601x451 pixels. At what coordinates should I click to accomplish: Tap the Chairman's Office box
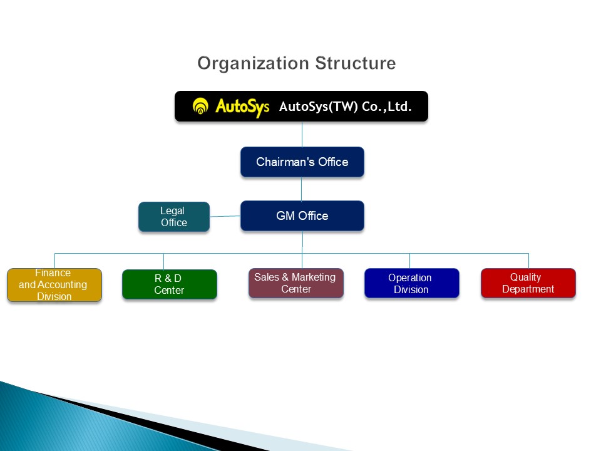click(302, 162)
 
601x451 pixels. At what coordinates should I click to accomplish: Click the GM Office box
click(302, 215)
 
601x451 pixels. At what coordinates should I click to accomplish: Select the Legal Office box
click(173, 217)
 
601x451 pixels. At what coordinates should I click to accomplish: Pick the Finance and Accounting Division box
click(54, 285)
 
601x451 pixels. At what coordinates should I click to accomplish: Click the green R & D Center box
click(169, 284)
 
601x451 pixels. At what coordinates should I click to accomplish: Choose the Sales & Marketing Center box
click(295, 283)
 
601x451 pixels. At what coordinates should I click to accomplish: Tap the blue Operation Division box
click(411, 283)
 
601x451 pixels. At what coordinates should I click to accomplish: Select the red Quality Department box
click(528, 283)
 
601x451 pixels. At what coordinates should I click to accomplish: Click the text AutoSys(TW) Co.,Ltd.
click(346, 106)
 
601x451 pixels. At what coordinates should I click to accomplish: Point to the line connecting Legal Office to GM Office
click(225, 217)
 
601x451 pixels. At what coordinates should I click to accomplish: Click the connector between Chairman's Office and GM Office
click(302, 189)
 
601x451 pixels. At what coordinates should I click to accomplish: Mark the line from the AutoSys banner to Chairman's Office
click(302, 134)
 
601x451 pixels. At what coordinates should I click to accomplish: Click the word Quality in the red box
click(525, 277)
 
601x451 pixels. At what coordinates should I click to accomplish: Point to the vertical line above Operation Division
click(409, 261)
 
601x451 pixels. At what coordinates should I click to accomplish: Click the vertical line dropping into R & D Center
click(163, 261)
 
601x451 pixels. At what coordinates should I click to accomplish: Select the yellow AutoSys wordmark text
click(242, 106)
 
